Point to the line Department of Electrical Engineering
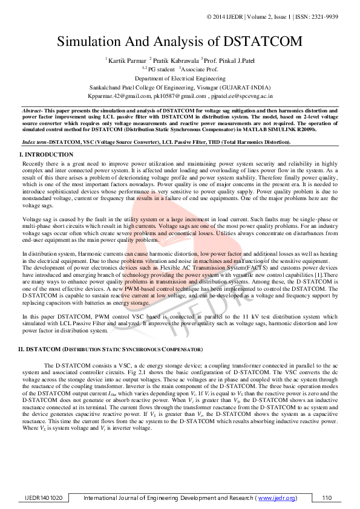pos(180,79)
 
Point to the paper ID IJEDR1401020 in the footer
pos(43,498)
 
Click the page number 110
pos(327,498)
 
